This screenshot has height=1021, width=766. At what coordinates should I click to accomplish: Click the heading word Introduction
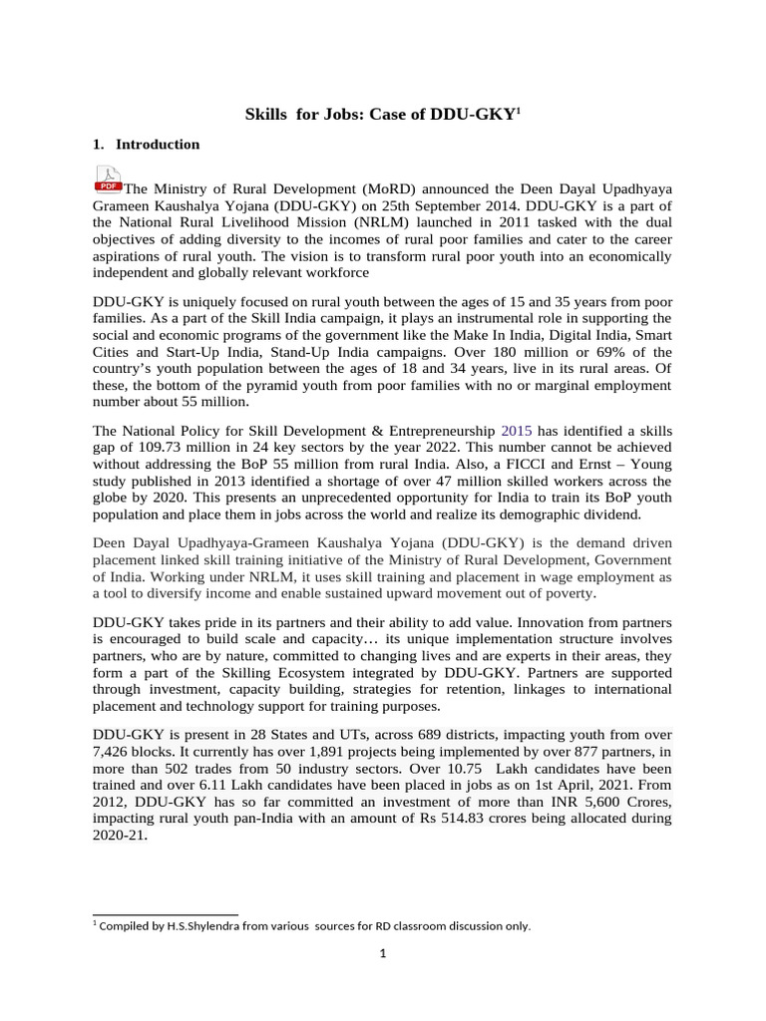click(158, 145)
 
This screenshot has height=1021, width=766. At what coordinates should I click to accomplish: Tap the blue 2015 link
click(517, 431)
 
